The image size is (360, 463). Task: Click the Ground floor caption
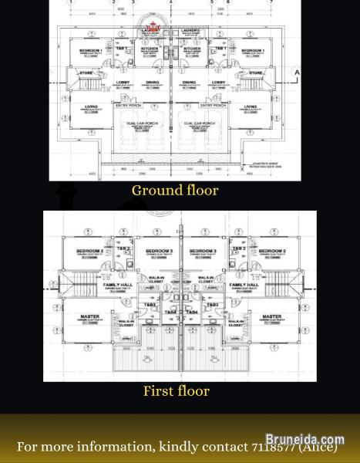(175, 191)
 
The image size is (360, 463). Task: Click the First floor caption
(176, 391)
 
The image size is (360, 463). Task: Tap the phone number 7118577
(273, 447)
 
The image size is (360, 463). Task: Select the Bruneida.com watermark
(304, 440)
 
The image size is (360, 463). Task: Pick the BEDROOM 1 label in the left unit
(91, 50)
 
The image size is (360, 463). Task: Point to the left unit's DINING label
(152, 82)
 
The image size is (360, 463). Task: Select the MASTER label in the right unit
(271, 316)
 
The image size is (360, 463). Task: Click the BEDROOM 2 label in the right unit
(272, 252)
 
